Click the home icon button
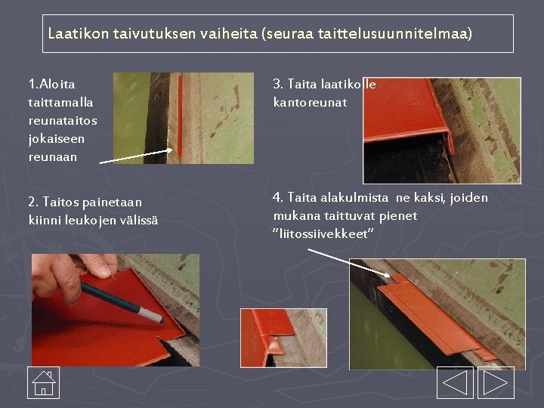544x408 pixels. (x=43, y=382)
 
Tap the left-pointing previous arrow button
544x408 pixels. (x=455, y=382)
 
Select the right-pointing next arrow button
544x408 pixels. (x=496, y=382)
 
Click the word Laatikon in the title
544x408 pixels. (x=79, y=34)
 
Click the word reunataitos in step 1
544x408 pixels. (x=63, y=121)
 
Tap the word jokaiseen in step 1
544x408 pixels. (x=57, y=140)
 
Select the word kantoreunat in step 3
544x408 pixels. (x=311, y=102)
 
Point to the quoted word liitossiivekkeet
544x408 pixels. (x=323, y=233)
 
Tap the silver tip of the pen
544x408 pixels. (x=152, y=315)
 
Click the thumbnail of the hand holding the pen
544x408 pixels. (x=116, y=311)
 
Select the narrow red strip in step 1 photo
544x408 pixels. (x=180, y=116)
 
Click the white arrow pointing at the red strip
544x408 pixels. (x=136, y=156)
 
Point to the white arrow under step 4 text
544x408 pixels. (x=349, y=263)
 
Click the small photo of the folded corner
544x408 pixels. (x=284, y=338)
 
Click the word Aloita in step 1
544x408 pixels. (x=57, y=84)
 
